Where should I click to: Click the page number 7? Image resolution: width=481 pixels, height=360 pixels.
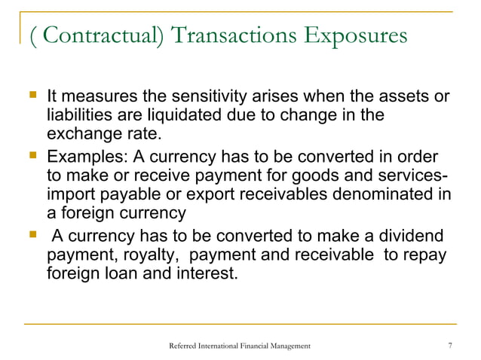click(449, 345)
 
